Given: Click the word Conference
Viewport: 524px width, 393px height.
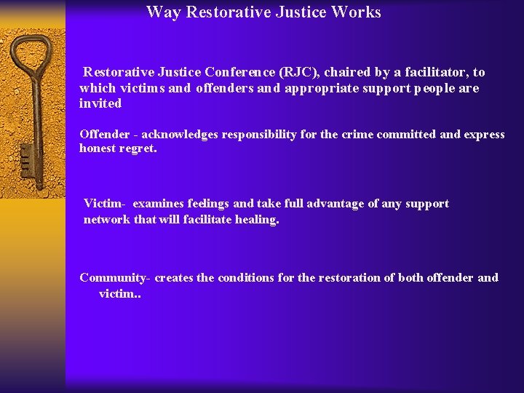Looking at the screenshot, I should pos(239,72).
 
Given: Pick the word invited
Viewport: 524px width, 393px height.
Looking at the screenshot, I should pos(100,103).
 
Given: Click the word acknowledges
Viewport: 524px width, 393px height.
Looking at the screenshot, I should pos(178,134).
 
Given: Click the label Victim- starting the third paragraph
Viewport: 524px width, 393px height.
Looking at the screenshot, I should pos(105,204).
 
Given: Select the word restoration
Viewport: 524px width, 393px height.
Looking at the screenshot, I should pos(348,277).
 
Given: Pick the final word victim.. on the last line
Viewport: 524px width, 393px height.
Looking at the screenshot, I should pos(119,293).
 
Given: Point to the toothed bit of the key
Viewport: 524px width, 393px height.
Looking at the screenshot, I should pos(27,156).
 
